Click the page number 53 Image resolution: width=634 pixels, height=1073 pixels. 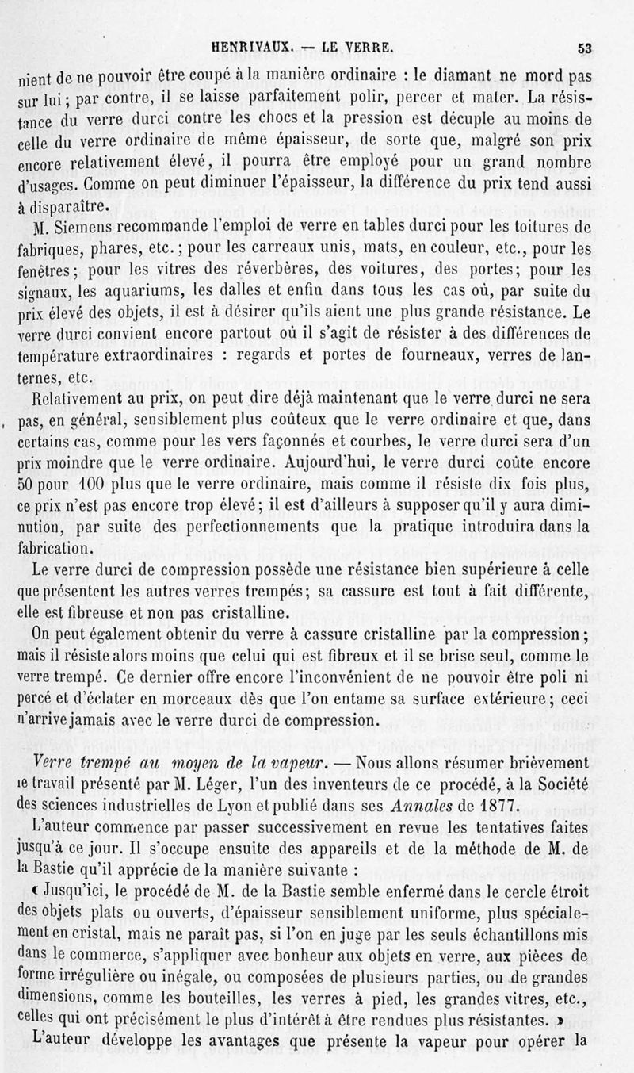click(585, 48)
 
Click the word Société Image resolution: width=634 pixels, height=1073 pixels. click(557, 784)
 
